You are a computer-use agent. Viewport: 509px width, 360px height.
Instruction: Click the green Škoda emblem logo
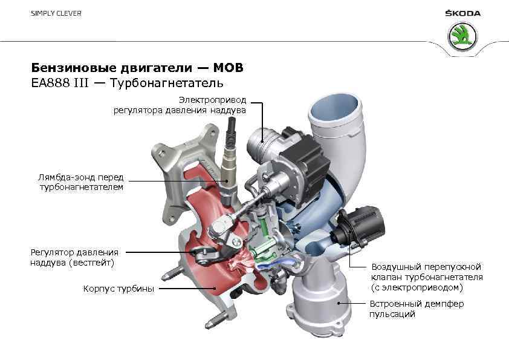(x=462, y=38)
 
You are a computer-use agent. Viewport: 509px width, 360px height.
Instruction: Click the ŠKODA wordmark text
(x=462, y=13)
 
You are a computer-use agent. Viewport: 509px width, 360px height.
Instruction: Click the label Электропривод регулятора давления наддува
(x=180, y=105)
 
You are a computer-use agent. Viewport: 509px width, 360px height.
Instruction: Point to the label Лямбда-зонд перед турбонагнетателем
(x=80, y=182)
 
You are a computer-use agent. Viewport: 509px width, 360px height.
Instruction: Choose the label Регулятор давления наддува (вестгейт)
(x=74, y=257)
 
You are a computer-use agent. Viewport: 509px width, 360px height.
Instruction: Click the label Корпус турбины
(x=118, y=289)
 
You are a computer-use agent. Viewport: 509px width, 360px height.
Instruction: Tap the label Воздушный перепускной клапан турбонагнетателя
(x=426, y=277)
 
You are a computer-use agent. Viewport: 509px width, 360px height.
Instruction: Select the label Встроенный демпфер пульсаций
(x=417, y=309)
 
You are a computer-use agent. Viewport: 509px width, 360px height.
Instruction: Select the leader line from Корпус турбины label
(x=187, y=289)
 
